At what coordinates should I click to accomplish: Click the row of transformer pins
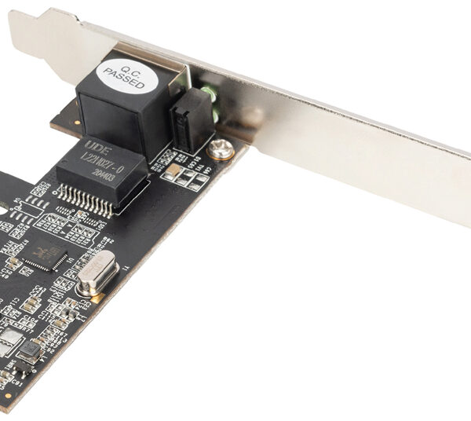86,202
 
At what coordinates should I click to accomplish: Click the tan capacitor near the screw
170,168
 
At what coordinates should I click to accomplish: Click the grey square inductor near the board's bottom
29,351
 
